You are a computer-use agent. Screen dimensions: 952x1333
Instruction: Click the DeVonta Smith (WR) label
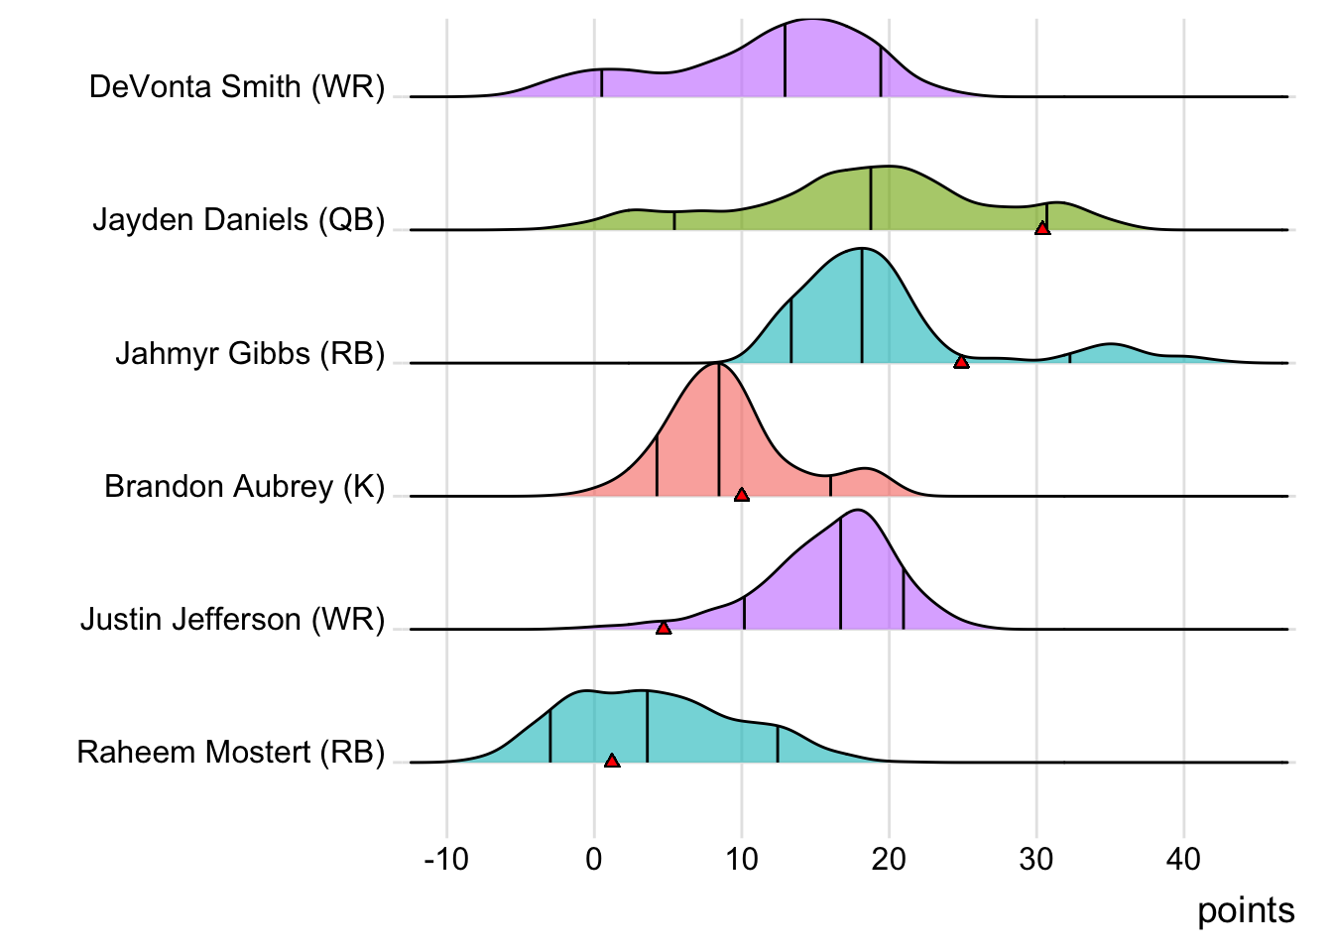(236, 87)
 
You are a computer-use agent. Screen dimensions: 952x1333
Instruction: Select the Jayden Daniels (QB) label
(238, 219)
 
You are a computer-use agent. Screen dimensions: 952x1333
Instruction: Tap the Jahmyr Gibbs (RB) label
(250, 353)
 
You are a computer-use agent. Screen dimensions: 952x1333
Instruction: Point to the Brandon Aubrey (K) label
(244, 486)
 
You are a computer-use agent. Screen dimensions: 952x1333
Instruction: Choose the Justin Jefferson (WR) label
(232, 619)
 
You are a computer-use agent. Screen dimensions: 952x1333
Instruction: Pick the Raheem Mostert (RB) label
(230, 752)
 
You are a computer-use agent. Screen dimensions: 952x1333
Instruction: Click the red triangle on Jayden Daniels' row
(1042, 228)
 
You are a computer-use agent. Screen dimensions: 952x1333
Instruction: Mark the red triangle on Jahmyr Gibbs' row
(961, 362)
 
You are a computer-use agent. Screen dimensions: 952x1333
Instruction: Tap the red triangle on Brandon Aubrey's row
(742, 495)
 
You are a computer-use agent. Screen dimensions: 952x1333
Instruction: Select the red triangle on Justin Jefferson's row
(664, 628)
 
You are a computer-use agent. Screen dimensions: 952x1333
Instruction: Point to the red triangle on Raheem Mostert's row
(612, 761)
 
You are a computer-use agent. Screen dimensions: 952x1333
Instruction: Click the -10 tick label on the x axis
(445, 859)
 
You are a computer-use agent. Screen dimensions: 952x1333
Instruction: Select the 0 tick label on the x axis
(594, 859)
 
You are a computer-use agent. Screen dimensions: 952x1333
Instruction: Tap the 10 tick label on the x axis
(742, 859)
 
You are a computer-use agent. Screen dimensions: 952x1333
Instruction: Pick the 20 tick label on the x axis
(889, 859)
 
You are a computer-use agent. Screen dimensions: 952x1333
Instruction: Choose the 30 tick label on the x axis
(1036, 859)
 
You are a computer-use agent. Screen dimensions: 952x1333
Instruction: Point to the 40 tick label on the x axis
(1184, 859)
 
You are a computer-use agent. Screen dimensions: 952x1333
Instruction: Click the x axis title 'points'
(1246, 910)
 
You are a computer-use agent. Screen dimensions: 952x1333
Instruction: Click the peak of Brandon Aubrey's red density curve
(717, 365)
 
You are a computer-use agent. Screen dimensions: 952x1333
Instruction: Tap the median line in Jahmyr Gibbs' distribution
(862, 307)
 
